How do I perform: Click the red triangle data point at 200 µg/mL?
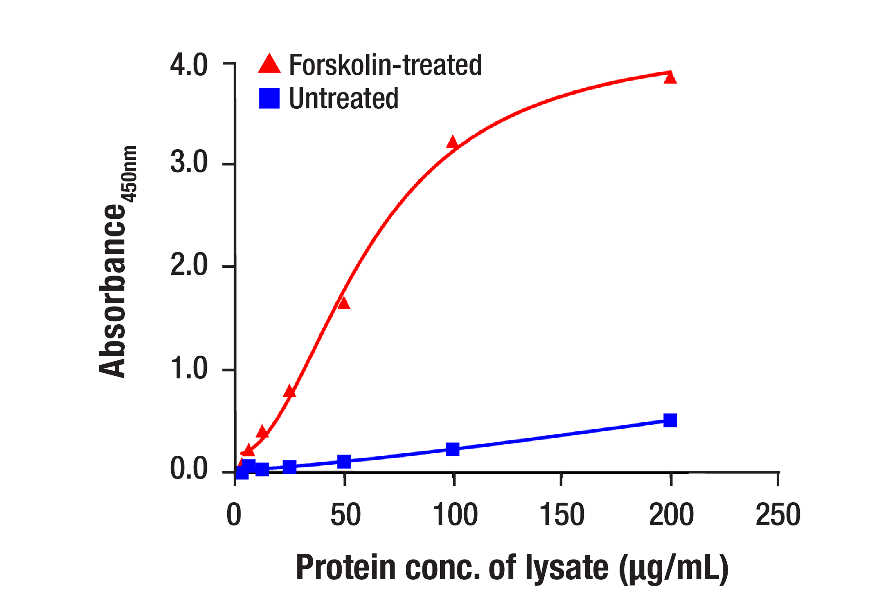(670, 78)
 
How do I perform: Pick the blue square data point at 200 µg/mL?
(670, 420)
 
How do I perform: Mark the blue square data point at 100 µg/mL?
(453, 449)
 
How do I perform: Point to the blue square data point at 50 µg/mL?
(344, 462)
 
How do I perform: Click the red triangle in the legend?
(269, 64)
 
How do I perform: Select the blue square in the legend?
(269, 98)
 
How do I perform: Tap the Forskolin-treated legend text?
(385, 65)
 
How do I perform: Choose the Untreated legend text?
(343, 99)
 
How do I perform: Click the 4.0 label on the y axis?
(189, 65)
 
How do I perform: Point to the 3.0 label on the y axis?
(189, 163)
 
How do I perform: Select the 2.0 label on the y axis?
(189, 265)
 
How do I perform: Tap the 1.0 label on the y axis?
(189, 369)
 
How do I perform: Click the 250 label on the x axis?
(778, 515)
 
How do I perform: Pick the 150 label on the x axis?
(562, 515)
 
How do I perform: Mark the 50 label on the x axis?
(345, 515)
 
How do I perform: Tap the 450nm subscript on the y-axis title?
(129, 174)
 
